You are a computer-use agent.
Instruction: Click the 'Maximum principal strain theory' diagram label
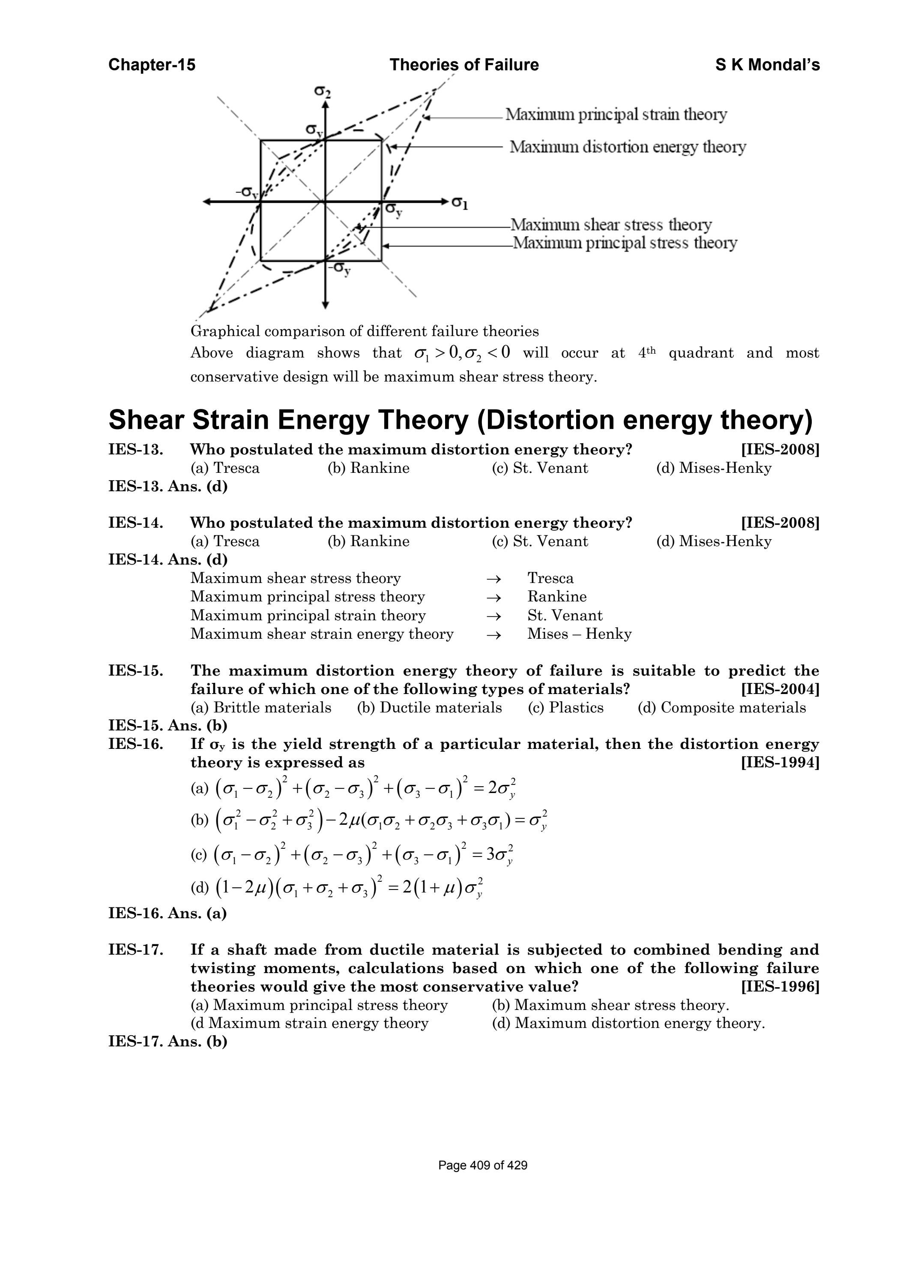616,114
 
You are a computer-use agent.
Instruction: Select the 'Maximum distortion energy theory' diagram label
627,147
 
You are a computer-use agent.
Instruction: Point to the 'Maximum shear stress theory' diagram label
611,225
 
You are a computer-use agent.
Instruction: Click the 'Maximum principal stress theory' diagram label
625,243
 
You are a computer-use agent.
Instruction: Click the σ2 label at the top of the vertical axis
322,90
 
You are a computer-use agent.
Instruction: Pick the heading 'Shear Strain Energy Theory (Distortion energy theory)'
460,420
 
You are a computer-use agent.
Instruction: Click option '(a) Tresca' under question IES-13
225,468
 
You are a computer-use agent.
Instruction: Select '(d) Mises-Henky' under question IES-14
713,541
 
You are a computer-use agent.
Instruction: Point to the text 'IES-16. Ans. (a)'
167,913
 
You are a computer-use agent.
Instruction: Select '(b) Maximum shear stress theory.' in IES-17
610,1005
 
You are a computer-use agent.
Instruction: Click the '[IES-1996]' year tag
780,986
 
